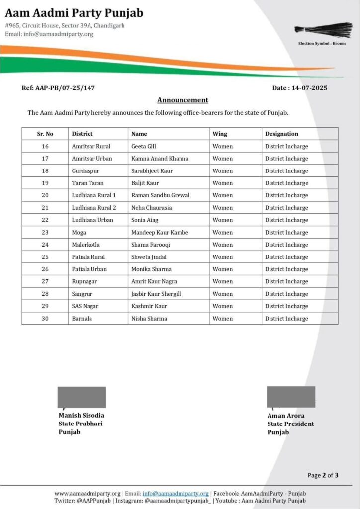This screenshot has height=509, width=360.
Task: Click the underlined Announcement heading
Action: tap(182, 100)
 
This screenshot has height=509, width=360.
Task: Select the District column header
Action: tap(82, 134)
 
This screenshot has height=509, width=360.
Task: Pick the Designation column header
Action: tap(281, 134)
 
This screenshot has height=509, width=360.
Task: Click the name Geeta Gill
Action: tap(144, 146)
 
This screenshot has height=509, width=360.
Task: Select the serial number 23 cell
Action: tap(45, 232)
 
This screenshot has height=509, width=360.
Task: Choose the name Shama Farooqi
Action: tap(151, 245)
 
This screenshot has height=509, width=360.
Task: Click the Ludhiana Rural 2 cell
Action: tap(93, 208)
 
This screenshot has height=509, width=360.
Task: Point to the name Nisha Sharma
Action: tap(149, 319)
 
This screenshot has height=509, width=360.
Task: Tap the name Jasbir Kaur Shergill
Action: tap(156, 294)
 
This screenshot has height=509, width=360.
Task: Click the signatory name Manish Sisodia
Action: tap(82, 415)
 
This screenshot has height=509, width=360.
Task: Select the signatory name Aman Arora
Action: tap(286, 416)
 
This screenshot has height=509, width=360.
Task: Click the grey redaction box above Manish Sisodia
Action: tap(82, 397)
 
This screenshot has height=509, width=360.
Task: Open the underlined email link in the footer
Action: tap(176, 493)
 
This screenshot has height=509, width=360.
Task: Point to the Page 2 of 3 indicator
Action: tap(323, 475)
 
